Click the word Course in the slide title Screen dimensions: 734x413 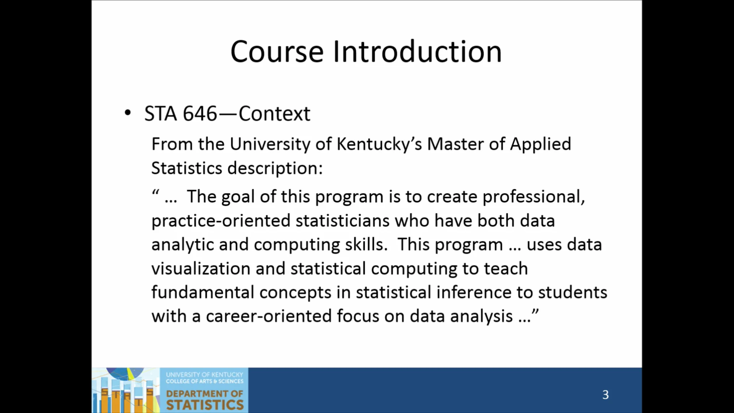click(x=277, y=52)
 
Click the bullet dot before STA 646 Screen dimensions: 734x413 click(x=128, y=113)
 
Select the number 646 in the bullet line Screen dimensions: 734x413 click(x=200, y=114)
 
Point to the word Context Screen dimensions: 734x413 click(x=274, y=114)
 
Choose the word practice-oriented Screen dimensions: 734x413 click(x=221, y=221)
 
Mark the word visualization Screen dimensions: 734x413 click(x=201, y=268)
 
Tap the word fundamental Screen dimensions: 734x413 click(x=203, y=293)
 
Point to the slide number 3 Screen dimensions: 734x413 click(x=606, y=395)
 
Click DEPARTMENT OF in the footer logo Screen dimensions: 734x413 click(x=205, y=393)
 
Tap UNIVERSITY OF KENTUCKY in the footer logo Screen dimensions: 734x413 click(x=205, y=374)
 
